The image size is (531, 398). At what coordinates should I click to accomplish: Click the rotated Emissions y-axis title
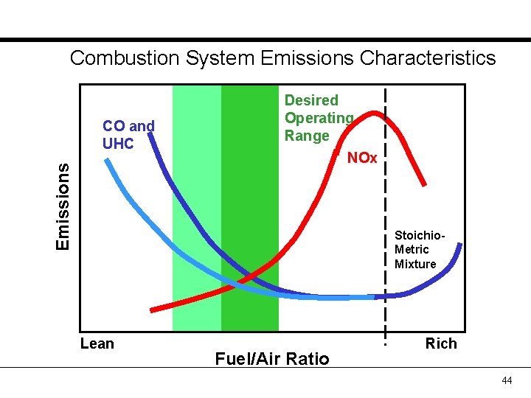tap(63, 206)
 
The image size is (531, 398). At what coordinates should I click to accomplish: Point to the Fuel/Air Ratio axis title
tap(271, 359)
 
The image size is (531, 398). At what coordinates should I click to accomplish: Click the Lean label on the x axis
tap(97, 343)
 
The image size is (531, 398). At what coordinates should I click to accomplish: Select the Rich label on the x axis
tap(441, 343)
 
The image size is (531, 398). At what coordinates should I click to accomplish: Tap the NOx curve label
tap(361, 158)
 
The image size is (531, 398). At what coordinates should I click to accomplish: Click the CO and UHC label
tap(128, 134)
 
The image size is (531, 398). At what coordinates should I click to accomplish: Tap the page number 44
tap(506, 380)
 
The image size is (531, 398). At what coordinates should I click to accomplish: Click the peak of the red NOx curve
tap(376, 113)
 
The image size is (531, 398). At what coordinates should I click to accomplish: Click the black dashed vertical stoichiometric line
tap(385, 221)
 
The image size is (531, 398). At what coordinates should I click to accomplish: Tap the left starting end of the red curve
tap(153, 308)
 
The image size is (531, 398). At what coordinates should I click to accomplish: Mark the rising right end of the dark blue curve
tap(459, 247)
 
